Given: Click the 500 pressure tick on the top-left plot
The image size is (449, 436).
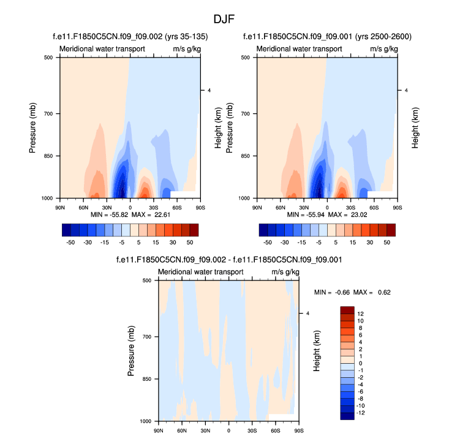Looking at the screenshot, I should coord(48,57).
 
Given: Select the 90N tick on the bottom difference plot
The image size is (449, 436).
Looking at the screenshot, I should coord(159,431).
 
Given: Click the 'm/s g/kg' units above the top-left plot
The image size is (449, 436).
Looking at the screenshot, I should coord(186,48).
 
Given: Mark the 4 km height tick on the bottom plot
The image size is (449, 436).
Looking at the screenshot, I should coord(308,314).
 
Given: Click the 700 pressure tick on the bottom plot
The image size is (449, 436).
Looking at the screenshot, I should coord(146,337).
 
